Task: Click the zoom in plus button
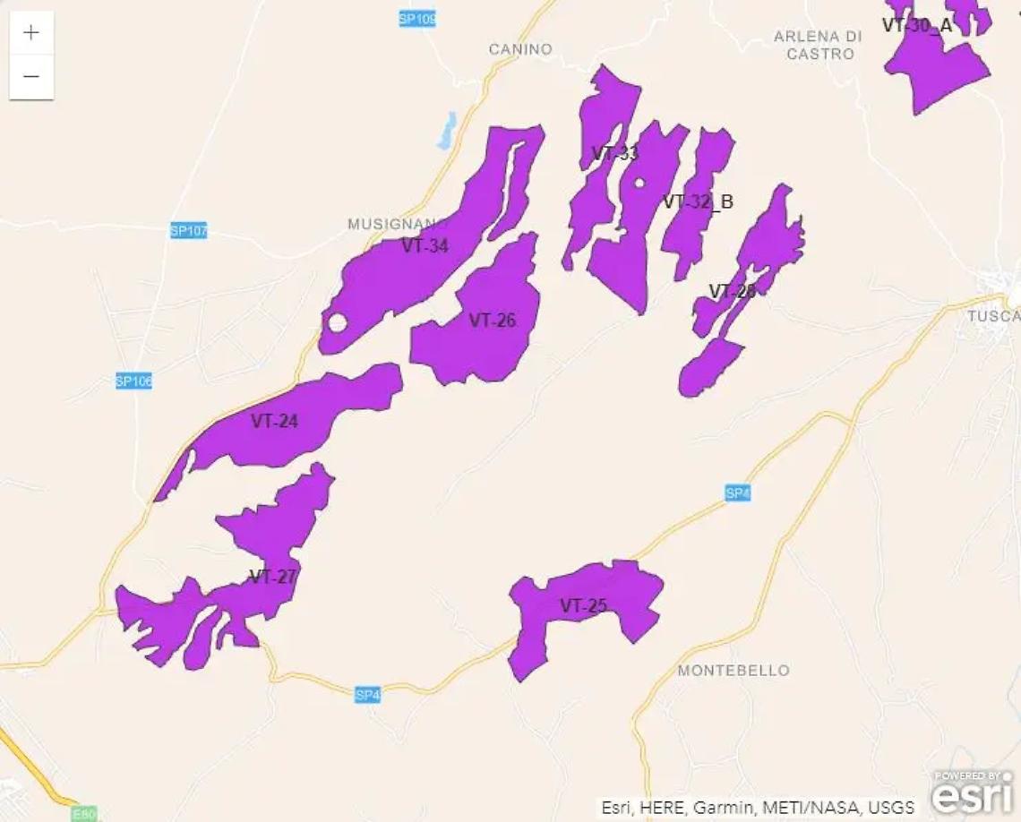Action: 31,33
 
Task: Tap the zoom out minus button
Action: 31,77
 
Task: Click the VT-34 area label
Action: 425,245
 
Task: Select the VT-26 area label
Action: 493,320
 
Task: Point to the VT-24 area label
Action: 274,421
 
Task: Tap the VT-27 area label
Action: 272,576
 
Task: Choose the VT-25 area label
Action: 584,606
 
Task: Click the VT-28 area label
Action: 733,291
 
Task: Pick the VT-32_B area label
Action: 698,201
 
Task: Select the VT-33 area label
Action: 615,152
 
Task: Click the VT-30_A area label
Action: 916,25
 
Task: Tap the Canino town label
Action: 520,49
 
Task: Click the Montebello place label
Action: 734,670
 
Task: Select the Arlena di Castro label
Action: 818,45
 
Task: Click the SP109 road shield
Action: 417,18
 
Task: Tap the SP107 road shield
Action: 189,231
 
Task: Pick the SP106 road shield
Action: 134,381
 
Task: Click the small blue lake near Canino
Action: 446,132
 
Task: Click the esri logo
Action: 973,792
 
